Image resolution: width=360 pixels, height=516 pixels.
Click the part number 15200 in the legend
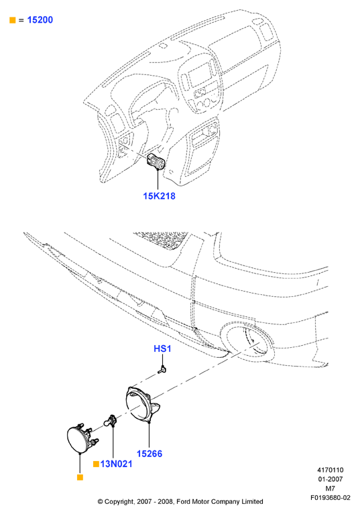(x=40, y=19)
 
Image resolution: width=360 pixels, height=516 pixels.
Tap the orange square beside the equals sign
(x=13, y=20)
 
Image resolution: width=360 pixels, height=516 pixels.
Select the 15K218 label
(x=159, y=196)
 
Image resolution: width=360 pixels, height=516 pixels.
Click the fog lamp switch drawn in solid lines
(x=156, y=162)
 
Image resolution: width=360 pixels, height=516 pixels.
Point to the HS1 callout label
(x=162, y=348)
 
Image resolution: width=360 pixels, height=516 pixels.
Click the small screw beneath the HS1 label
(x=162, y=371)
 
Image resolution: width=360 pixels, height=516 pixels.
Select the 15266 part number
(x=149, y=454)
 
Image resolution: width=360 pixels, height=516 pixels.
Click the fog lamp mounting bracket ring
(x=142, y=404)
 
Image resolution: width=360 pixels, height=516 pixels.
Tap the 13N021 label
(x=116, y=464)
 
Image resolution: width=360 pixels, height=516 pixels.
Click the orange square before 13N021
(x=96, y=464)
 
